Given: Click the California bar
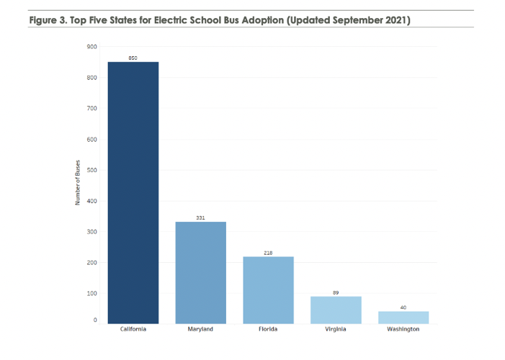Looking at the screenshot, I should [x=133, y=192].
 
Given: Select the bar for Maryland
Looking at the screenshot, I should [x=201, y=272].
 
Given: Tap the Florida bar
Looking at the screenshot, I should [x=268, y=289].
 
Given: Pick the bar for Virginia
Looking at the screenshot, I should [x=336, y=310].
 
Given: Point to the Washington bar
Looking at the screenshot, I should [x=403, y=318].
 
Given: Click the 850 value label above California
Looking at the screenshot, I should [x=133, y=58].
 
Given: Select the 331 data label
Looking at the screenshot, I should [x=201, y=217].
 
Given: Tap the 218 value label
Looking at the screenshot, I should [x=268, y=253].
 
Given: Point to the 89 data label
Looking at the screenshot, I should [x=336, y=292].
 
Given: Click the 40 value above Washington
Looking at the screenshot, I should [x=403, y=307].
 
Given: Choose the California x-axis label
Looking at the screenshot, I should [x=133, y=329].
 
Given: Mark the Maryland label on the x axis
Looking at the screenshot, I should [x=200, y=329].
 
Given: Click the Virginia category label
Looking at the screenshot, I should [x=336, y=329].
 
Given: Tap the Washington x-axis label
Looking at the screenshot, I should [x=403, y=329].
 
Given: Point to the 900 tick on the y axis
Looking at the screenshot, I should [x=92, y=47].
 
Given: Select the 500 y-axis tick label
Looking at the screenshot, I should [x=92, y=170].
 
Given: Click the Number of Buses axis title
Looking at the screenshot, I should [x=77, y=182].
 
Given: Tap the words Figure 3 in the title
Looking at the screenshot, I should [x=48, y=20].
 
